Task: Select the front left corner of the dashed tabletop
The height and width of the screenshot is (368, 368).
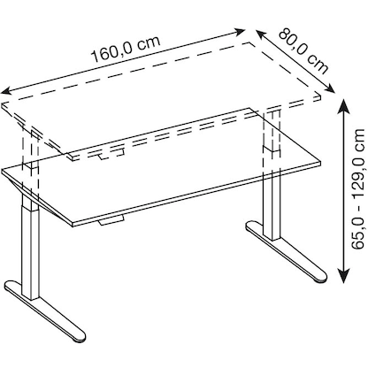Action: pos(4,104)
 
